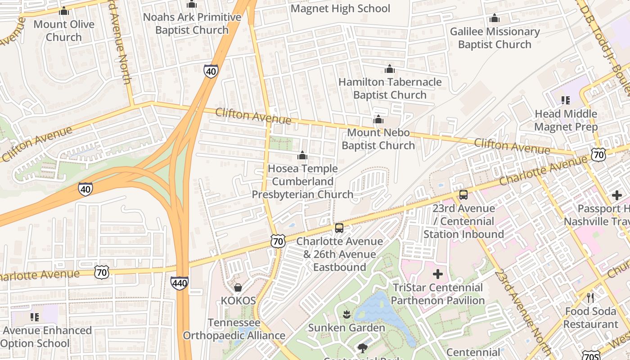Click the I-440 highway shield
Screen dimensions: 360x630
pyautogui.click(x=179, y=283)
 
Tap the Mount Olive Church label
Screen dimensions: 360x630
pyautogui.click(x=64, y=31)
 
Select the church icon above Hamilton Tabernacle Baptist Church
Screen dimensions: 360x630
pyautogui.click(x=390, y=69)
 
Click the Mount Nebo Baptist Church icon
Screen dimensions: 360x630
pyautogui.click(x=378, y=120)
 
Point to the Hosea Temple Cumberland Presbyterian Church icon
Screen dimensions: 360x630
pyautogui.click(x=302, y=156)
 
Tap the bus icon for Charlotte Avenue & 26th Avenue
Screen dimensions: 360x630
pyautogui.click(x=339, y=228)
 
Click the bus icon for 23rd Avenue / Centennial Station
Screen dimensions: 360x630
pyautogui.click(x=463, y=195)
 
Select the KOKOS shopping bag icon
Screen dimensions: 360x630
pyautogui.click(x=238, y=287)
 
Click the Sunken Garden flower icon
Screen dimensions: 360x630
pyautogui.click(x=346, y=315)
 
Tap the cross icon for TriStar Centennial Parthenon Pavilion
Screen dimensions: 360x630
pyautogui.click(x=437, y=274)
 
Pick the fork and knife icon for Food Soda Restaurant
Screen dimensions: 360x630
pyautogui.click(x=591, y=297)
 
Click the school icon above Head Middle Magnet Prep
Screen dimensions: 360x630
pyautogui.click(x=566, y=100)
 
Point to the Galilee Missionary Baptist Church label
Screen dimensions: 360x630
pyautogui.click(x=495, y=38)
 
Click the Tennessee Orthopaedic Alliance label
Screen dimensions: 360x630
pyautogui.click(x=234, y=329)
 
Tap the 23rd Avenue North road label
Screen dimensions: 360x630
pyautogui.click(x=522, y=310)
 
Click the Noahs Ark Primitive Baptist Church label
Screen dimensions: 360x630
pyautogui.click(x=192, y=23)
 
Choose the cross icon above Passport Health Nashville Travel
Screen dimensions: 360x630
pyautogui.click(x=616, y=195)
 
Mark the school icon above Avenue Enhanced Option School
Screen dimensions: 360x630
pyautogui.click(x=35, y=317)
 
